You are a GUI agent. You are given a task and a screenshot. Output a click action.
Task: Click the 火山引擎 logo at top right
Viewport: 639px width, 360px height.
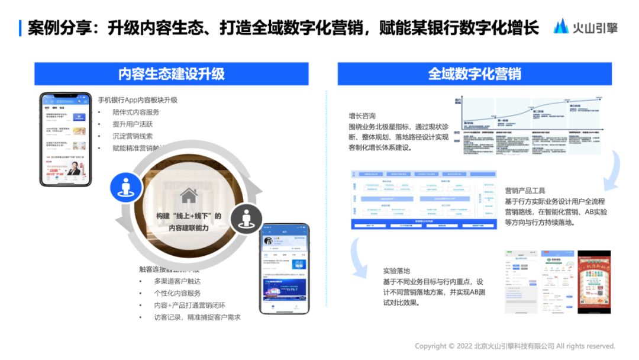[585, 27]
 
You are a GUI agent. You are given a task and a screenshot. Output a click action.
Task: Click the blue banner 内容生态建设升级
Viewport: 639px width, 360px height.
[171, 74]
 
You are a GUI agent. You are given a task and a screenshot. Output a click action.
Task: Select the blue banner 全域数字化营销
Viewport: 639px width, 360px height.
[475, 74]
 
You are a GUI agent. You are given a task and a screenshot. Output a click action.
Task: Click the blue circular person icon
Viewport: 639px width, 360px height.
[125, 187]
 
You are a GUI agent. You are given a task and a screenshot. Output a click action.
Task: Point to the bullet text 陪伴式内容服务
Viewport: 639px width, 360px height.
[135, 112]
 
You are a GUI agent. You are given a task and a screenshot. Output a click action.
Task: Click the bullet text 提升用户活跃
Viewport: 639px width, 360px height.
[132, 124]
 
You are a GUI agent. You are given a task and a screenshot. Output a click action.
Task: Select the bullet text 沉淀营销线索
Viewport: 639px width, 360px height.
[132, 136]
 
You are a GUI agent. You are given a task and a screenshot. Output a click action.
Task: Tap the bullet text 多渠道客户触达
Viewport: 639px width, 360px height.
[177, 281]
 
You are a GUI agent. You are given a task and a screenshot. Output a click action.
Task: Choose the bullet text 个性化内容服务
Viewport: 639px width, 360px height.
[177, 293]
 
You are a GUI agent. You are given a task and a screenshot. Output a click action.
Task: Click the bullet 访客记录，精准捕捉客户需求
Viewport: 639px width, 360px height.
[196, 317]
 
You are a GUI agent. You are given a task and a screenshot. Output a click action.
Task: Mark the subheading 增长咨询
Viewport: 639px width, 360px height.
[362, 116]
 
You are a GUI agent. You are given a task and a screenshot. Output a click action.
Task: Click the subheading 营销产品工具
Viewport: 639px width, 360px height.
[524, 191]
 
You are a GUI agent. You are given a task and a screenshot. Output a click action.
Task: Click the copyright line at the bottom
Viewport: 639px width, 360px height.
[515, 346]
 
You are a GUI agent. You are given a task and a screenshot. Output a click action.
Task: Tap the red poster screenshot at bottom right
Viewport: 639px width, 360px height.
[593, 281]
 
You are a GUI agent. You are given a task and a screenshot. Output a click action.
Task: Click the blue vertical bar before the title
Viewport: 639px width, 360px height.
[21, 28]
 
